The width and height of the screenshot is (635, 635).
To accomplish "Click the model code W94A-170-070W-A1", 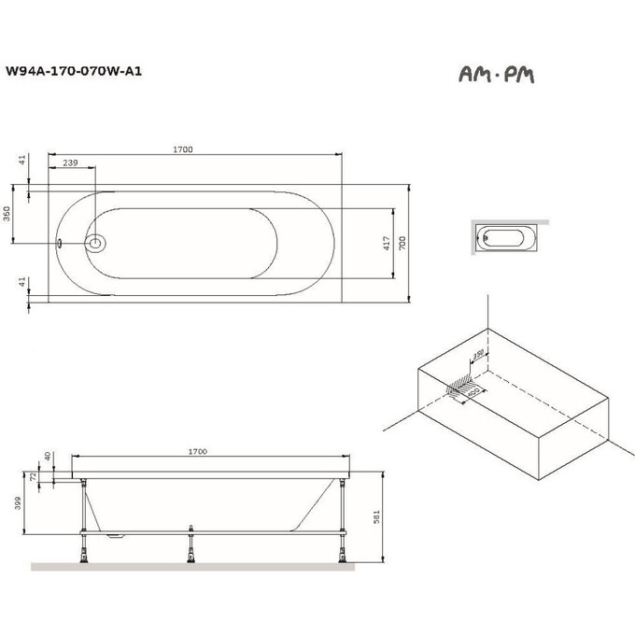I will [x=74, y=69].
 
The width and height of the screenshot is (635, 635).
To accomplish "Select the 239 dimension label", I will [x=70, y=163].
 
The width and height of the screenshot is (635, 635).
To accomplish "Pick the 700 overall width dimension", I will [x=403, y=242].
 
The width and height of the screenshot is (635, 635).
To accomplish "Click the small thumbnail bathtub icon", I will [x=508, y=238].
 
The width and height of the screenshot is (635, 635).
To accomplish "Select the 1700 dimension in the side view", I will [x=197, y=452].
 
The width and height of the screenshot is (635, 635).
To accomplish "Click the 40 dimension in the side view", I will [x=47, y=456].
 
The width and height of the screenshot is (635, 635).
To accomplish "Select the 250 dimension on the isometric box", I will [x=477, y=356].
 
